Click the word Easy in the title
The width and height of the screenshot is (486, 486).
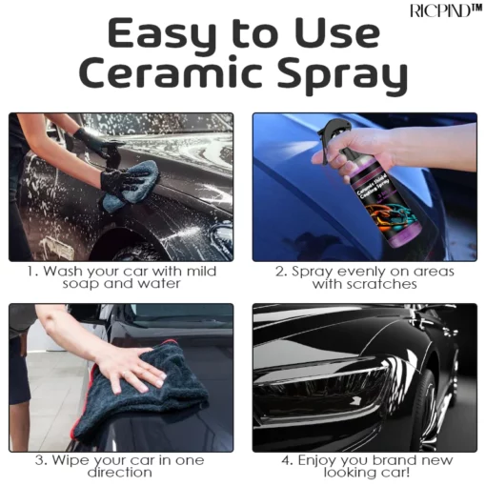[x=160, y=34]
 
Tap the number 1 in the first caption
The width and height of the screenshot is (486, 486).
[x=29, y=272]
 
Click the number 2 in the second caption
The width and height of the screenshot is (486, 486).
[x=280, y=272]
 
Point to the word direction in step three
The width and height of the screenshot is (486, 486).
[x=120, y=473]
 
